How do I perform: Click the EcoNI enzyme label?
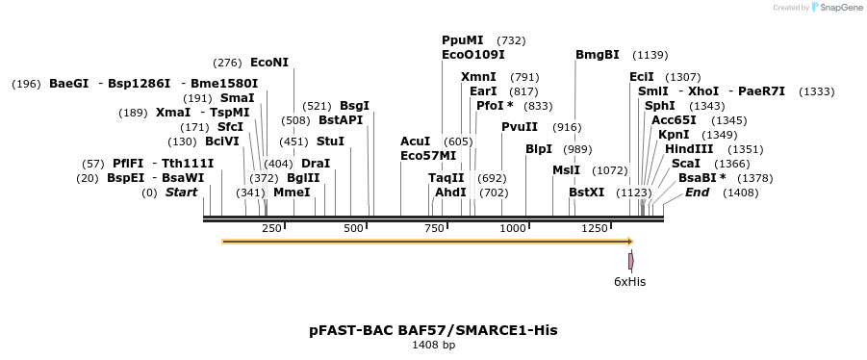[268, 63]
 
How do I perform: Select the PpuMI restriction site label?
[463, 40]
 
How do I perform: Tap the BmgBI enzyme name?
[598, 55]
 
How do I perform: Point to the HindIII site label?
[689, 149]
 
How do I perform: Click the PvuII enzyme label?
[520, 127]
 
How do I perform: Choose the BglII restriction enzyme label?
[303, 178]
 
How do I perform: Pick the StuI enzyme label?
[330, 141]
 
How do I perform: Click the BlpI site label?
[539, 149]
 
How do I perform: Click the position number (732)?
[511, 40]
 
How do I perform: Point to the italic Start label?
[181, 193]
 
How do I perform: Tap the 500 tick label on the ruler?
[353, 228]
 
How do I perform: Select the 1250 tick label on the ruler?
[595, 228]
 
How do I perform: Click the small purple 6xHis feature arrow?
[631, 261]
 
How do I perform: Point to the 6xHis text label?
[630, 282]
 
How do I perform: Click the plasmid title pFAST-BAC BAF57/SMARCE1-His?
[433, 330]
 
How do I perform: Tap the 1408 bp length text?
[433, 345]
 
